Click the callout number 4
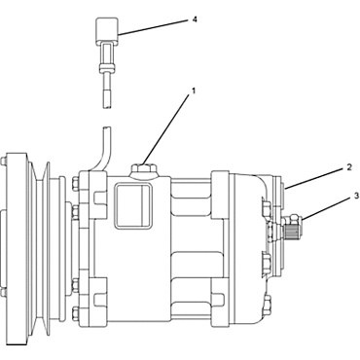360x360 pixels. tap(195, 18)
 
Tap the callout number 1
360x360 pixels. tap(194, 90)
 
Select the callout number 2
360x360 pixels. tap(348, 167)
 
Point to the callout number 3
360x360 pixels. tap(356, 196)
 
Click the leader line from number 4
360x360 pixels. tap(156, 28)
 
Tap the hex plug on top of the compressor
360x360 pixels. tap(141, 171)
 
